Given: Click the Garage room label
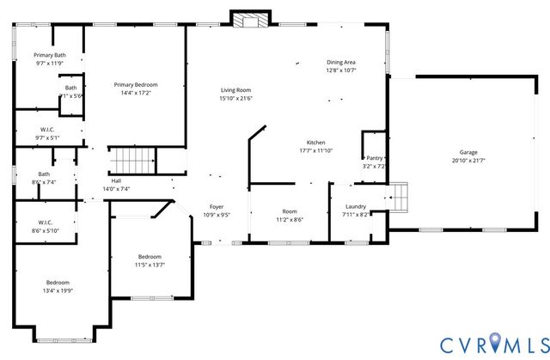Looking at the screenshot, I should click(x=468, y=152).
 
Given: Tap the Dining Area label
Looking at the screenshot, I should click(x=341, y=62).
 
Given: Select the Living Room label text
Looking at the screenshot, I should click(x=235, y=90).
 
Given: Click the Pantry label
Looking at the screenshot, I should click(x=375, y=158).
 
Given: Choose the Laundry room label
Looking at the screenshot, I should click(x=356, y=206).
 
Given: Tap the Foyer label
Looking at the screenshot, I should click(x=217, y=206).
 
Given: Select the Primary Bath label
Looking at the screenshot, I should click(x=50, y=55).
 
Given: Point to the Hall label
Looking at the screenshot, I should click(x=116, y=180).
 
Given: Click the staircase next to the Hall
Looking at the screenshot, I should click(x=134, y=160).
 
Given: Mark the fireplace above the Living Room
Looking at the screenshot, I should click(x=251, y=21).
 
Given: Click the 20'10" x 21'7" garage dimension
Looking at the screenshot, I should click(x=468, y=161).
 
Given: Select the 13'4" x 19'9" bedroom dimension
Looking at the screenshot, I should click(x=58, y=290).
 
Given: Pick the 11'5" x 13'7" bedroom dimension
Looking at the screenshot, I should click(x=150, y=265).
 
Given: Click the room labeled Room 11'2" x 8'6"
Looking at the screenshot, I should click(x=290, y=215).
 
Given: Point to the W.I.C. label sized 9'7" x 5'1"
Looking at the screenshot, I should click(x=48, y=133).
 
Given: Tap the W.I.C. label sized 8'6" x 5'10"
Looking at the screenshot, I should click(x=46, y=226).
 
